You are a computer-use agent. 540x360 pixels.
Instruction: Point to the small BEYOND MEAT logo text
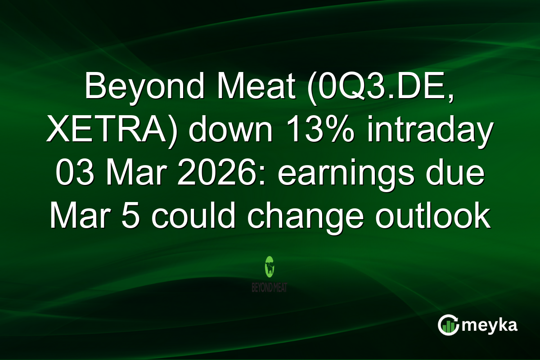[270, 287]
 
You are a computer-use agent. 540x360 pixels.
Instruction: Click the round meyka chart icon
[448, 325]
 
